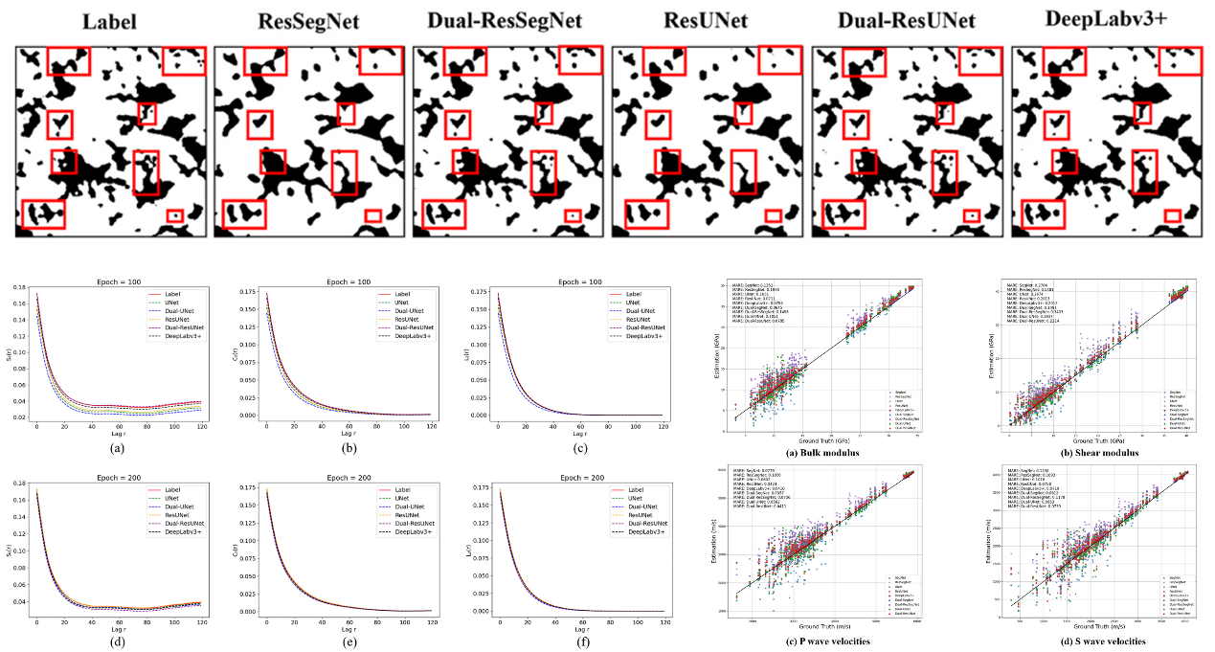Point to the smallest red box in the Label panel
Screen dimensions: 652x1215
coord(174,215)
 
